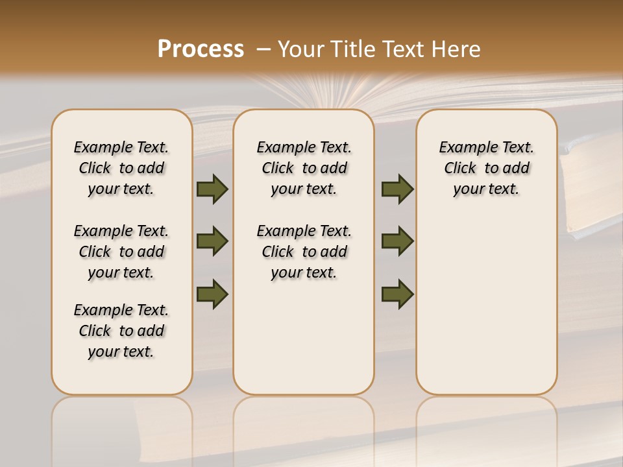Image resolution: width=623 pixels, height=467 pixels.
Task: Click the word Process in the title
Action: (x=200, y=49)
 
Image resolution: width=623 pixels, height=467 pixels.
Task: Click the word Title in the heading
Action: (x=349, y=49)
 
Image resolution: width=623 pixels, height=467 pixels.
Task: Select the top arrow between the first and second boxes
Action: (x=212, y=189)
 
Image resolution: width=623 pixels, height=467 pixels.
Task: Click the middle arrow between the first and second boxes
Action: (x=212, y=241)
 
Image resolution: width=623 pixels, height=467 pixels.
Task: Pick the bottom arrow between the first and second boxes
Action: (x=212, y=294)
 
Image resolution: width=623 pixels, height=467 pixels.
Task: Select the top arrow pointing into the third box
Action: (x=397, y=189)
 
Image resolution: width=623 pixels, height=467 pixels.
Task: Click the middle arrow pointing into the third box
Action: (x=397, y=241)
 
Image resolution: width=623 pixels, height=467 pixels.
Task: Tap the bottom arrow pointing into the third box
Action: (x=397, y=294)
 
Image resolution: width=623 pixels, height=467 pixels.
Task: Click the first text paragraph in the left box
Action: (x=121, y=168)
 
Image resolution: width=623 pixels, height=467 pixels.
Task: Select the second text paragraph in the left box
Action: (x=121, y=252)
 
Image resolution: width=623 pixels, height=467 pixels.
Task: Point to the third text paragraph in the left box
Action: (x=121, y=331)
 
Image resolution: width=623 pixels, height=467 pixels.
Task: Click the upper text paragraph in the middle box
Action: (x=304, y=168)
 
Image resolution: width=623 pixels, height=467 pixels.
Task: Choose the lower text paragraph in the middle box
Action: (x=304, y=252)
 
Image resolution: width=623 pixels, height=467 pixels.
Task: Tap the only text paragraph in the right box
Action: (x=486, y=168)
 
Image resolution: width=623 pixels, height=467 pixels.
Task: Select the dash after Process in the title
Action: (x=263, y=49)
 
